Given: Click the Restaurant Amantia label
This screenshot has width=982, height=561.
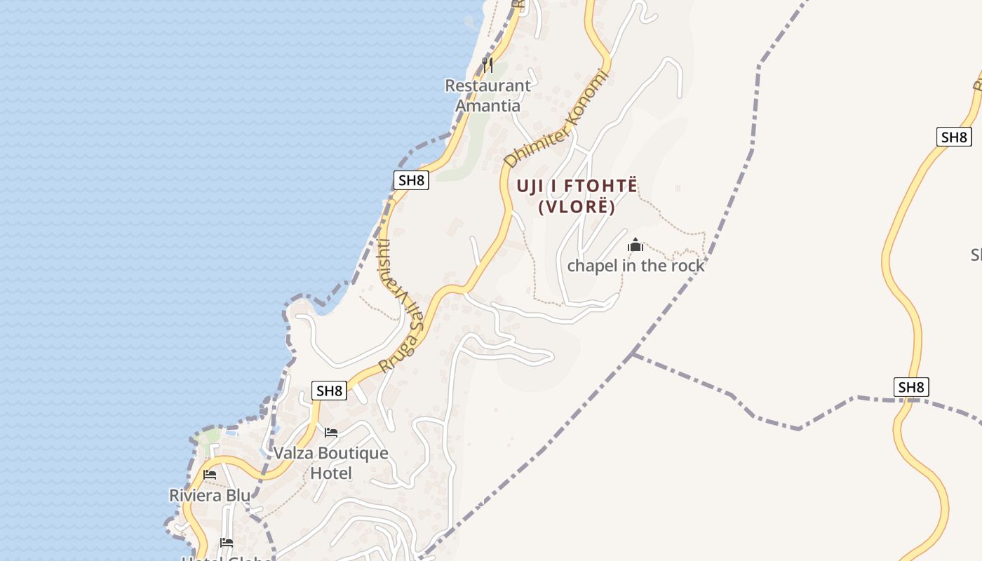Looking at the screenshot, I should pos(487,95).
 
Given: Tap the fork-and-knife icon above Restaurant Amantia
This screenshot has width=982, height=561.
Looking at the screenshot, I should pos(487,65).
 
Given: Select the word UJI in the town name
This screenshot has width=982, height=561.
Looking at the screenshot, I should pos(531,186).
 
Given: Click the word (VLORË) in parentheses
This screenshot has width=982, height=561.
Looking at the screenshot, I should pos(577,208).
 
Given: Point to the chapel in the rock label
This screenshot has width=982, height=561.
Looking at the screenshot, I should pos(635,266).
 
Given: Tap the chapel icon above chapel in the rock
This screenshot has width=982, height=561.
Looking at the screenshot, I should pos(635,245).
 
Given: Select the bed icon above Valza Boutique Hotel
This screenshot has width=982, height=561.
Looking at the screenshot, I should pos(331,432).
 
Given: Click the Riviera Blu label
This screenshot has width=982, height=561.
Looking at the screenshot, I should pos(210,495).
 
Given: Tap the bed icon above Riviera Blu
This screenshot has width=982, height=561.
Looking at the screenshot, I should pos(210,475).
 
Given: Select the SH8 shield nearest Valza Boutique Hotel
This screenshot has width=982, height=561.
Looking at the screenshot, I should pos(329,391).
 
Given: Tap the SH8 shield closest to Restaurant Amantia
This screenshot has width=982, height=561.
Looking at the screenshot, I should pos(411,180).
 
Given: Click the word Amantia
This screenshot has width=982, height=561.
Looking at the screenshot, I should pos(487,106).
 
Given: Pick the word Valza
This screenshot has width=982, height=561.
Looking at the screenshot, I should pos(294,453).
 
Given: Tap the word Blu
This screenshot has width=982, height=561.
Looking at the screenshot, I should pos(238,495).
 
